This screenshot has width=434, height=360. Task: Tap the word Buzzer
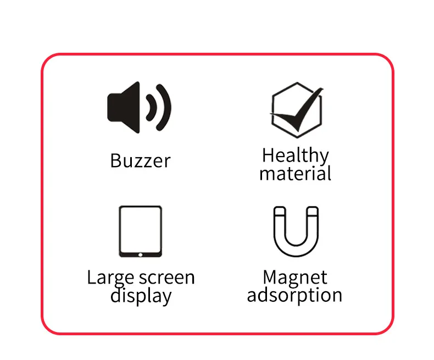coord(140,161)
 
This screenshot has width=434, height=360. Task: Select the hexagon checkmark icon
coord(296,107)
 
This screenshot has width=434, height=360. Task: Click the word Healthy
coord(295,156)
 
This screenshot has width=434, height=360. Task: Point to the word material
coord(295,174)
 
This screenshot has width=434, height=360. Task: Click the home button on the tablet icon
coord(140,254)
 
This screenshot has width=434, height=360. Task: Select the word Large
coord(107,278)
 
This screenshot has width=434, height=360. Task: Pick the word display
coord(141,296)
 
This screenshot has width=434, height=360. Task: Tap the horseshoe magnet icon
coord(296,231)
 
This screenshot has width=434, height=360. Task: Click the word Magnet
coord(295,277)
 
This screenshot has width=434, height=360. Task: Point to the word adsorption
coord(294,295)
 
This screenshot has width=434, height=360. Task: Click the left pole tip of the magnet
coord(280,211)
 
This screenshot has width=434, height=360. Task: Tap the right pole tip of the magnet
coord(311,211)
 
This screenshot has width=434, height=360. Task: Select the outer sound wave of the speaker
coord(165,107)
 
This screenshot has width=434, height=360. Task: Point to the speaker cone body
coord(125,107)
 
